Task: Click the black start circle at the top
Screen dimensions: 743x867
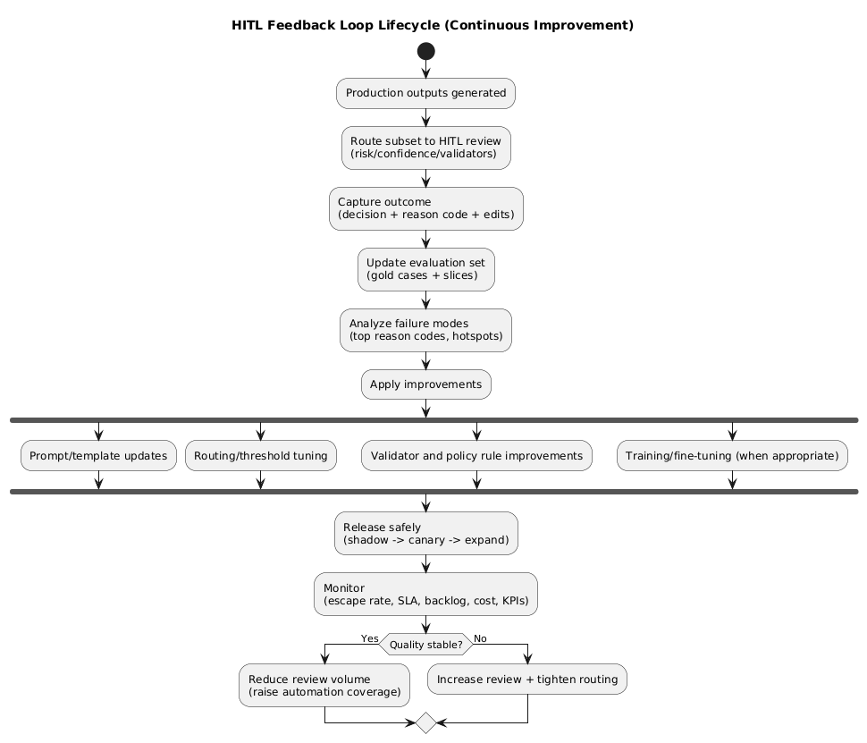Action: tap(425, 50)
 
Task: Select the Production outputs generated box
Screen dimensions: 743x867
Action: tap(425, 93)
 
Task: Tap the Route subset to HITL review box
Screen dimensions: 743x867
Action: tap(425, 148)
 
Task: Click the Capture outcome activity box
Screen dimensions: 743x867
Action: tap(425, 208)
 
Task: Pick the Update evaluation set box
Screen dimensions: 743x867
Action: tap(425, 269)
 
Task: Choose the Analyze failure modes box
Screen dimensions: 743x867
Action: tap(425, 330)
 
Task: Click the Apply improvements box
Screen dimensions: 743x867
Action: tap(425, 384)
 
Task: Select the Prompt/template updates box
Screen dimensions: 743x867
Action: tap(97, 456)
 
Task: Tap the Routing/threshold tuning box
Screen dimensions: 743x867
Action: tap(260, 456)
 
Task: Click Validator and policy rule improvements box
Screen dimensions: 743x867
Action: tap(476, 456)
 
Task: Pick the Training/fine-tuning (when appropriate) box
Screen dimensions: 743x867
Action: tap(732, 456)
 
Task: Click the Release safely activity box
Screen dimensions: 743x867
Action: tap(425, 533)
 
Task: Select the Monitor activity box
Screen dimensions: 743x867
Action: tap(425, 594)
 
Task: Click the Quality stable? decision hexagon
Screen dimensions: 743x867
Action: tap(425, 645)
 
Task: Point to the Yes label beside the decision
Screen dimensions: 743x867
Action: tap(369, 638)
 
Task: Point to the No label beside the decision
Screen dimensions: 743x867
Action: tap(480, 638)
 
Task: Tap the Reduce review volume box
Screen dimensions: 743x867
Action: tap(324, 685)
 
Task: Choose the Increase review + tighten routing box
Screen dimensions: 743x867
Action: tap(527, 680)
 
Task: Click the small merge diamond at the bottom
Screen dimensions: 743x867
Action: tap(425, 722)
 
